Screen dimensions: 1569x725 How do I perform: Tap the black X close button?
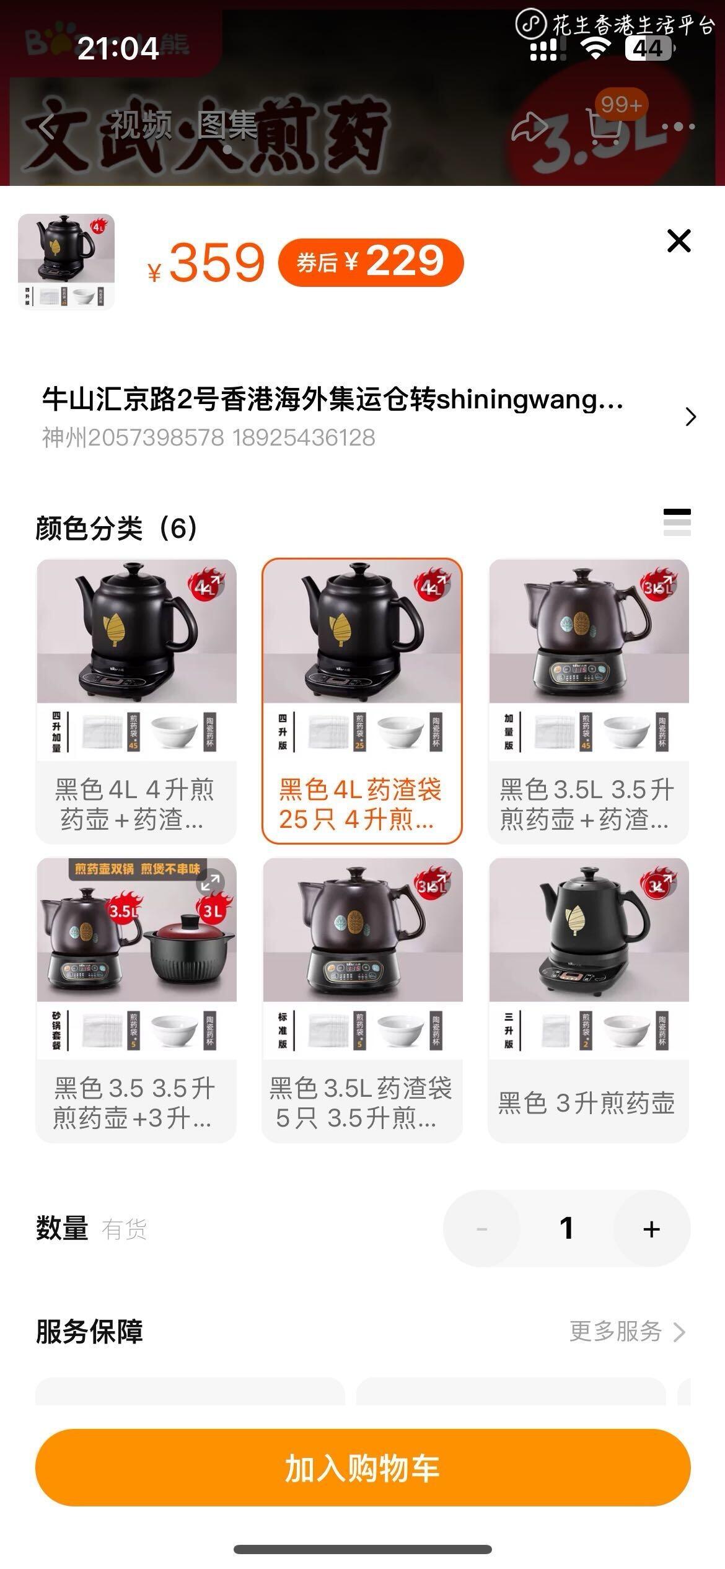pyautogui.click(x=679, y=240)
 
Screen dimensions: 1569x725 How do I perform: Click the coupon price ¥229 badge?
pyautogui.click(x=371, y=262)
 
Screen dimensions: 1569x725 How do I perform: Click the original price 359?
pyautogui.click(x=216, y=263)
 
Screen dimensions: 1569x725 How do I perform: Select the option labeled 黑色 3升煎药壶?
pyautogui.click(x=588, y=1000)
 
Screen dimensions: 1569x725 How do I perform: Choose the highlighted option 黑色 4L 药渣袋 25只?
pyautogui.click(x=362, y=701)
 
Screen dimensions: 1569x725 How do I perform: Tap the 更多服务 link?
pyautogui.click(x=626, y=1331)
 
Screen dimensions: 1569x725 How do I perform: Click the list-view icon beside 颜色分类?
pyautogui.click(x=677, y=522)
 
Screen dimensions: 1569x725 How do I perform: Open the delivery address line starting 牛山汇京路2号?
pyautogui.click(x=333, y=400)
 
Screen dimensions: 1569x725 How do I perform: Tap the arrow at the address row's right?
pyautogui.click(x=691, y=416)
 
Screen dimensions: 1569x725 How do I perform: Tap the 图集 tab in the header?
pyautogui.click(x=227, y=126)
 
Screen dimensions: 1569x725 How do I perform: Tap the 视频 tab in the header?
pyautogui.click(x=141, y=126)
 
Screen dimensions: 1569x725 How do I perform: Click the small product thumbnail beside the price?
pyautogui.click(x=66, y=261)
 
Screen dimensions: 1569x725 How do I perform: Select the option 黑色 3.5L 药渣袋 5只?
pyautogui.click(x=362, y=1000)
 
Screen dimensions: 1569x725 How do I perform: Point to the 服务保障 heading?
pyautogui.click(x=89, y=1331)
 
